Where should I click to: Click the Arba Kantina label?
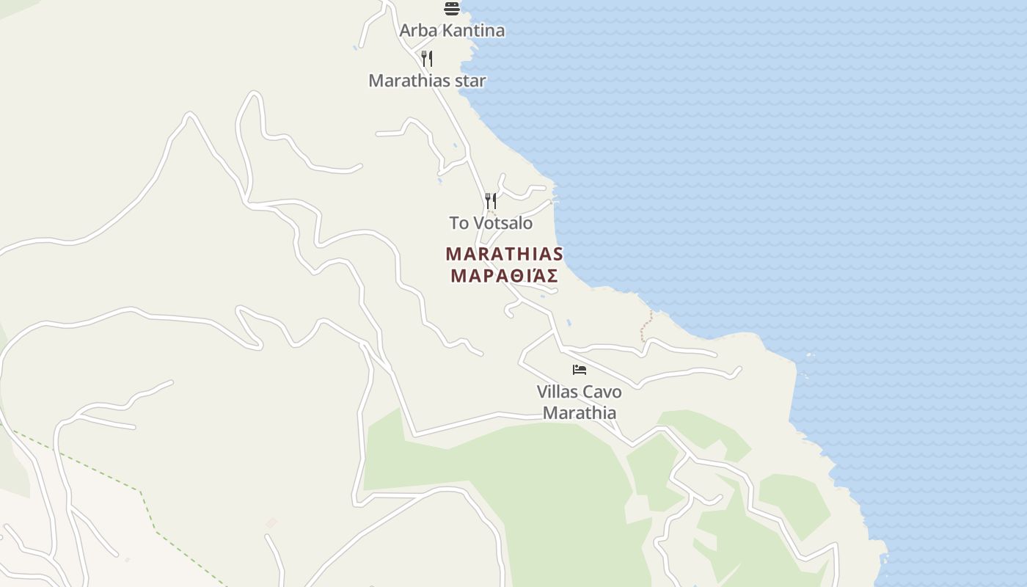click(x=452, y=31)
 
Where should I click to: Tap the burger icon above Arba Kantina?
click(x=452, y=9)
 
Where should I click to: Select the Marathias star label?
click(x=427, y=81)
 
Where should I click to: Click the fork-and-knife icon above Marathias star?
click(x=427, y=58)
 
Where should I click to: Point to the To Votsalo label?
click(x=491, y=223)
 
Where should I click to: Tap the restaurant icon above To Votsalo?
click(x=491, y=200)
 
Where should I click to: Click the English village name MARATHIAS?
click(x=505, y=254)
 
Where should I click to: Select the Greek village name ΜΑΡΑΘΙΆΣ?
click(x=505, y=276)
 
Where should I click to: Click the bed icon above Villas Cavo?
click(x=580, y=369)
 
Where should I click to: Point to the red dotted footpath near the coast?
click(x=646, y=325)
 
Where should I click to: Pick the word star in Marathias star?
click(x=470, y=81)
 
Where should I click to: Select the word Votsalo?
click(x=503, y=223)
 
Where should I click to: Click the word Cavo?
click(x=602, y=392)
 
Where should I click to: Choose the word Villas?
click(x=558, y=392)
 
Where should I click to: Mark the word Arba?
click(x=416, y=31)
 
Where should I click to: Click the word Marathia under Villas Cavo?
click(x=580, y=413)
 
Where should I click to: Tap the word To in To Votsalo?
click(x=459, y=223)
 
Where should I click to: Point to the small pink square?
click(x=271, y=522)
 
